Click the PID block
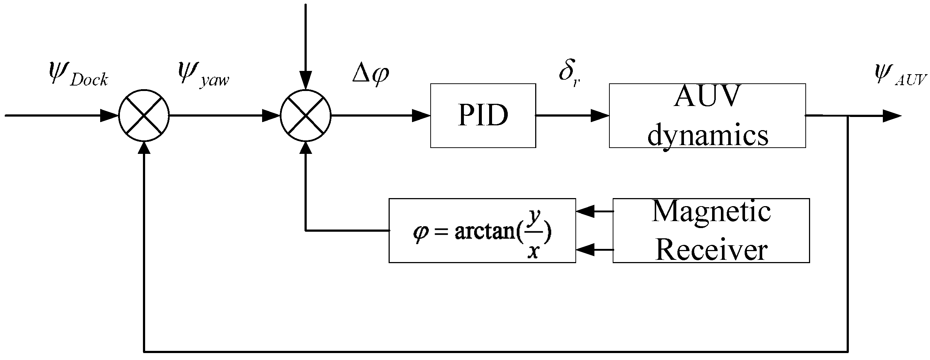pos(483,115)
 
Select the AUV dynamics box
pos(707,115)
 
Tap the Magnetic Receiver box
pos(711,230)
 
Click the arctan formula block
pos(482,230)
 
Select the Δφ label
pos(370,73)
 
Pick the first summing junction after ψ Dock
pos(144,115)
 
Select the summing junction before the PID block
pos(305,115)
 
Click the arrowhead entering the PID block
pos(421,115)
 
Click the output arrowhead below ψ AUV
pos(892,116)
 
